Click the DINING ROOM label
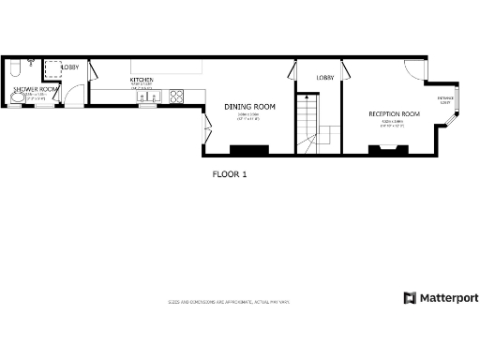pyautogui.click(x=248, y=106)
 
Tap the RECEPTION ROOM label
pyautogui.click(x=394, y=113)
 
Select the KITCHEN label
pyautogui.click(x=142, y=80)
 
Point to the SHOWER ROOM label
pyautogui.click(x=36, y=89)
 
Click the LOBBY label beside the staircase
pyautogui.click(x=325, y=78)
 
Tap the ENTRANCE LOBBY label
pyautogui.click(x=445, y=99)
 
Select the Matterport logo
pyautogui.click(x=441, y=298)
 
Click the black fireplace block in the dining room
pyautogui.click(x=249, y=148)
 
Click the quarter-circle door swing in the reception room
pyautogui.click(x=412, y=67)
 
